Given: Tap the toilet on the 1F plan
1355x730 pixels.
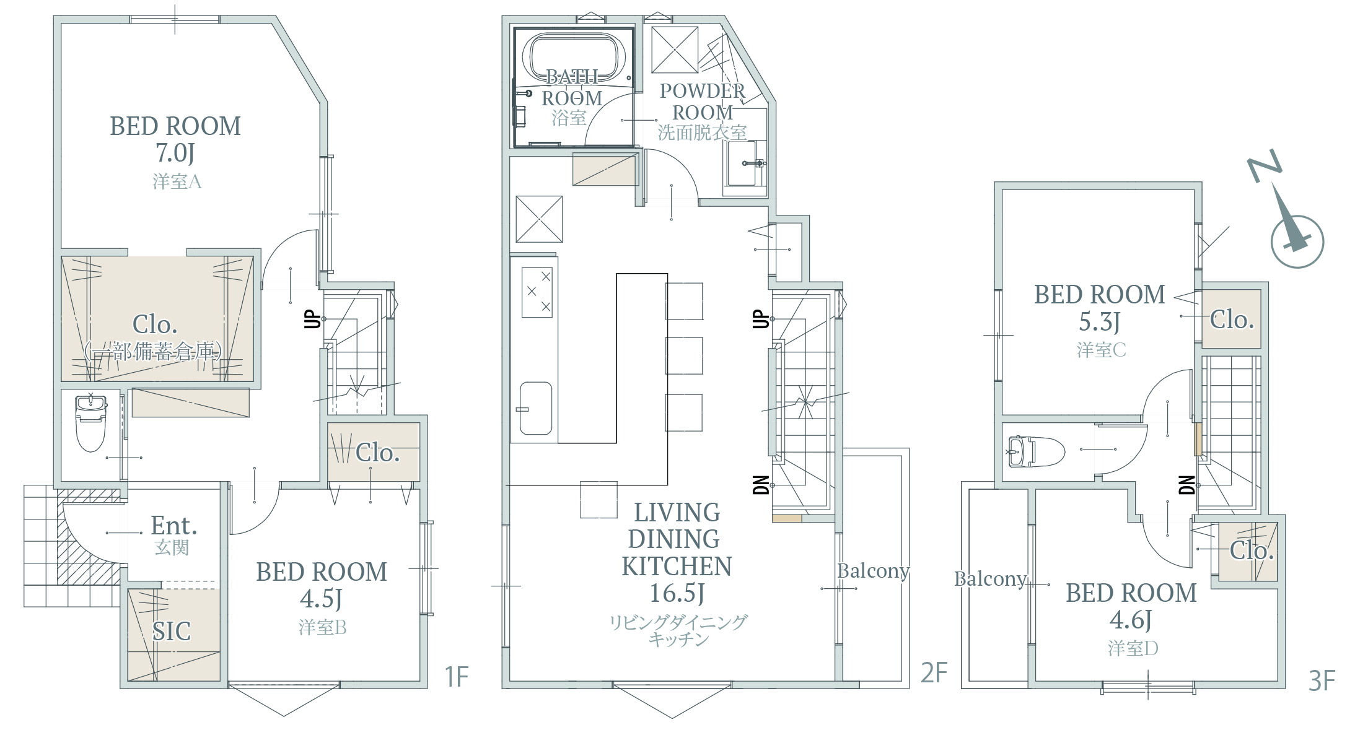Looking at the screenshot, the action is (90, 424).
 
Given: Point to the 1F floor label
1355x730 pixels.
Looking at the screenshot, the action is (457, 677).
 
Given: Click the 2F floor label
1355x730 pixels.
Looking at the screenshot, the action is (934, 673).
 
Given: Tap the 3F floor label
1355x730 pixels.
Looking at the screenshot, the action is (1322, 681).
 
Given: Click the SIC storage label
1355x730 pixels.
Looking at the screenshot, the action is (171, 632).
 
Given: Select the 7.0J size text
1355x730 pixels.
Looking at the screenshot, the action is (175, 152).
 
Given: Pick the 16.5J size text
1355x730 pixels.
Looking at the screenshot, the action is (677, 593).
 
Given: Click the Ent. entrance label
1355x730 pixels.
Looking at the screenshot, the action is (174, 526).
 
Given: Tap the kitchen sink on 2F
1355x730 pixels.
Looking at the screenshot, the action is (535, 408).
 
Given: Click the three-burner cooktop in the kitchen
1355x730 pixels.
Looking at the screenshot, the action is (537, 292).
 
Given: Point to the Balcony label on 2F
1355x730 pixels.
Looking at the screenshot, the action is (873, 571).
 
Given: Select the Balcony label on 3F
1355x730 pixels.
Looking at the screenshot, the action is (990, 579).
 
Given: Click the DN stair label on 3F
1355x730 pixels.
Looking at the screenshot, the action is (1187, 485).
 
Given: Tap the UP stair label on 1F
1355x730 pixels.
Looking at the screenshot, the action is (314, 319).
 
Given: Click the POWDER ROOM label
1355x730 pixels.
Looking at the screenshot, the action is (703, 102).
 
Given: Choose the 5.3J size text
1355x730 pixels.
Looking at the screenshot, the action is (1099, 321).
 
